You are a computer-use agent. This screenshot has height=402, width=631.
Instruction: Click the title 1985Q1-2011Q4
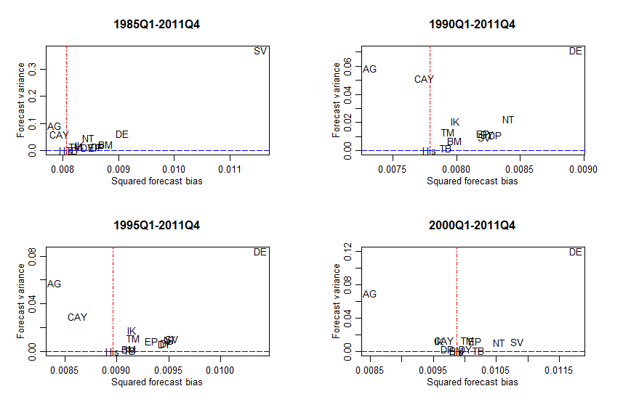(157, 24)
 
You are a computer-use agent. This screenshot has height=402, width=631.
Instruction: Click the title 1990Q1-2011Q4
(472, 24)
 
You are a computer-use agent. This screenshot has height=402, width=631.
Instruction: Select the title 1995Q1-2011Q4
(157, 225)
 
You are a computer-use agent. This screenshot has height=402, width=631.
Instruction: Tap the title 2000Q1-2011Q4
(472, 225)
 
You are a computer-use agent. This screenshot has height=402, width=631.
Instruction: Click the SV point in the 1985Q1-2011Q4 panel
(260, 51)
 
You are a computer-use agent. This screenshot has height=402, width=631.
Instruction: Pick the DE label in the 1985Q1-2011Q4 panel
(121, 134)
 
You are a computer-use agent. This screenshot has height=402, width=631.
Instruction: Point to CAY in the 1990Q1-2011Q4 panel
(424, 79)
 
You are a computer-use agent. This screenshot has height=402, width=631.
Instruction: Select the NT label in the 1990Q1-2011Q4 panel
(507, 120)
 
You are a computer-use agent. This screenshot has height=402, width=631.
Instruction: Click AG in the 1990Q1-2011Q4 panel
(369, 69)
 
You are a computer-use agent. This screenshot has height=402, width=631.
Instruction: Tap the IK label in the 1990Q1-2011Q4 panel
(455, 122)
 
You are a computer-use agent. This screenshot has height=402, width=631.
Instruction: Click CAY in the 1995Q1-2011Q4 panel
(77, 317)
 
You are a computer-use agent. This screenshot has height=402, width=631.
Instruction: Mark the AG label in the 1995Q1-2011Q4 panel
(54, 284)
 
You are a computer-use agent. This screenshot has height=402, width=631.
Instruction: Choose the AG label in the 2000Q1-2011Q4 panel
(369, 294)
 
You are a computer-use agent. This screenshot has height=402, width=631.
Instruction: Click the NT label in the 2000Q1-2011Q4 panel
(499, 343)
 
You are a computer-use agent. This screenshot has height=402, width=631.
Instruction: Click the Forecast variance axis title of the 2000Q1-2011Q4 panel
(337, 302)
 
